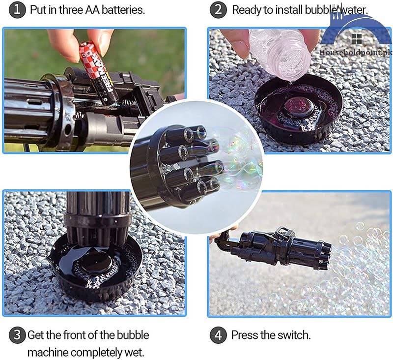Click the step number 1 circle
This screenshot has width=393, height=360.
tap(18, 10)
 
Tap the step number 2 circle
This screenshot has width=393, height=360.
tap(218, 10)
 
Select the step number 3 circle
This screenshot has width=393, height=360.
tap(17, 335)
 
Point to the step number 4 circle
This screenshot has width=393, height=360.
tap(218, 335)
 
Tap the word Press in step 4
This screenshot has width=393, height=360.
tap(244, 335)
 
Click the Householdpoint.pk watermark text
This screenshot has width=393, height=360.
tap(356, 51)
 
